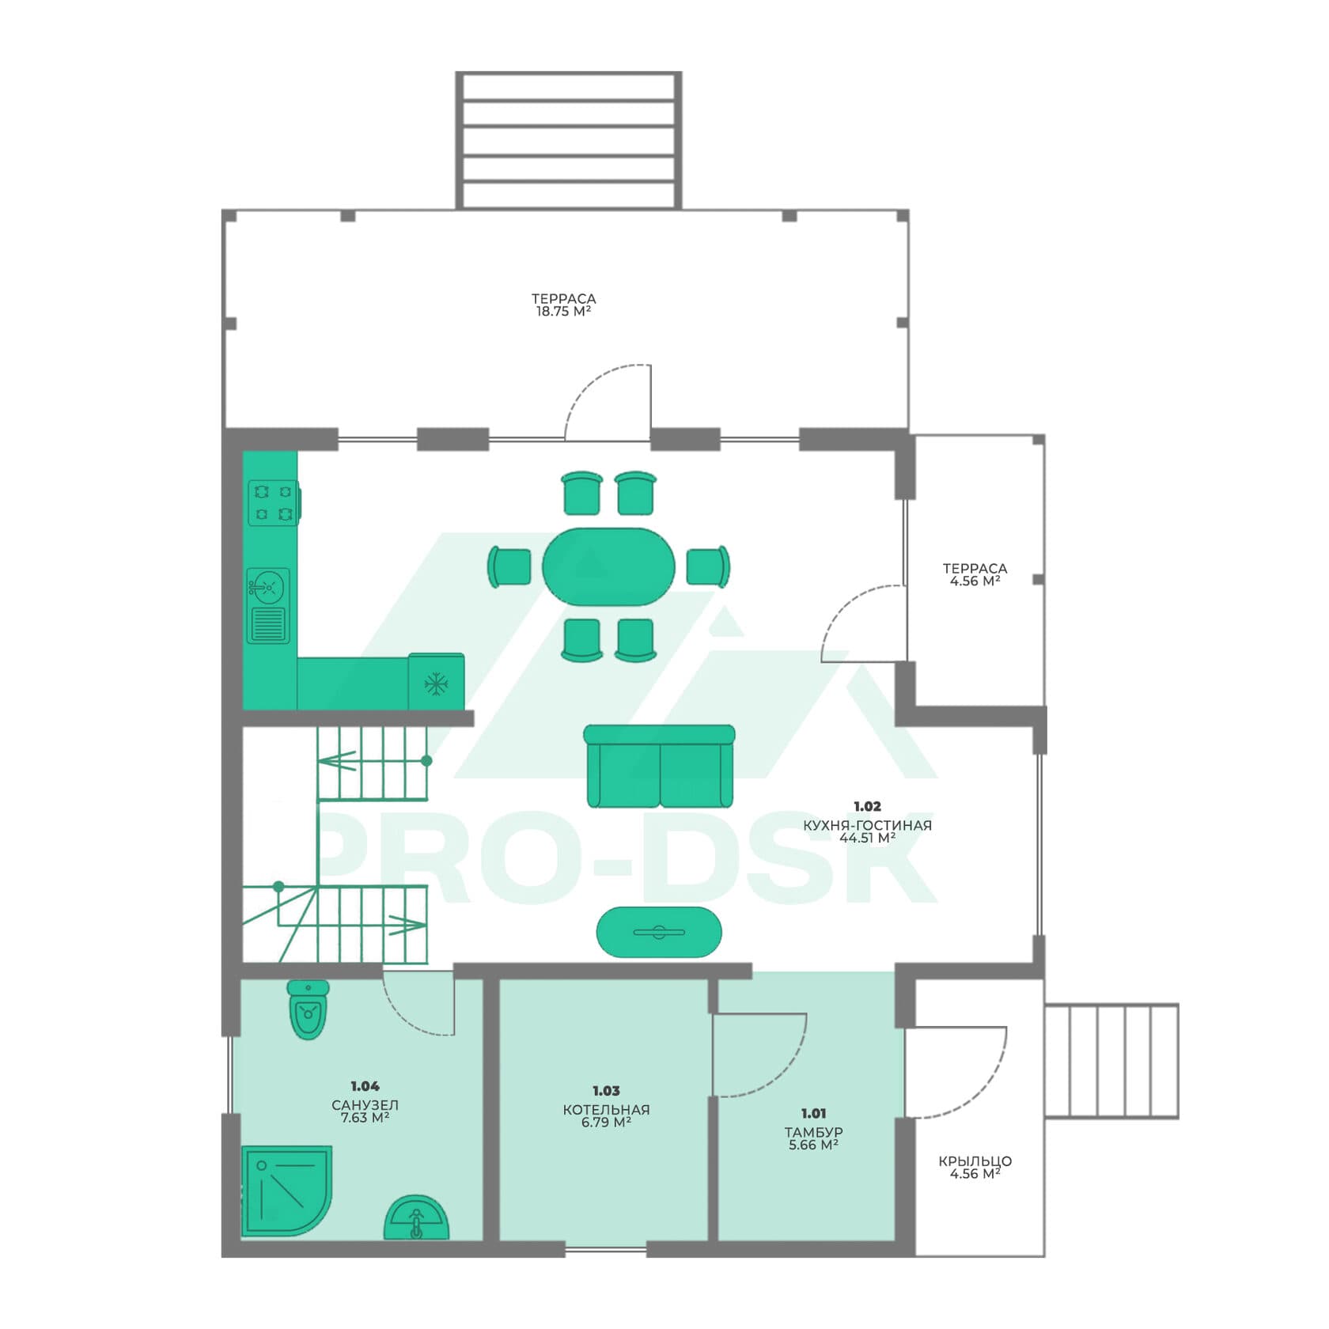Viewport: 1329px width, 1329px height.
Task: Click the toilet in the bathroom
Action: click(x=308, y=1009)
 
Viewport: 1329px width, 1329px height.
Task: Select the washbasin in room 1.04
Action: click(x=416, y=1218)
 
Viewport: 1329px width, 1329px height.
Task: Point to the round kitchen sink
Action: click(x=268, y=587)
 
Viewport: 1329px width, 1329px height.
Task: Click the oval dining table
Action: click(x=608, y=566)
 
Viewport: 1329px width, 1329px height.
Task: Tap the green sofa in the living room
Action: click(x=659, y=766)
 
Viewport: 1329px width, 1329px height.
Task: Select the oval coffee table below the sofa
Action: click(x=659, y=932)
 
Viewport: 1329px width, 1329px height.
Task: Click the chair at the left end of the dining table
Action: click(x=509, y=566)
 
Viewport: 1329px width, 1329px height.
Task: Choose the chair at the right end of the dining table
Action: click(x=708, y=566)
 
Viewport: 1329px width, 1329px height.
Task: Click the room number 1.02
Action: click(x=867, y=806)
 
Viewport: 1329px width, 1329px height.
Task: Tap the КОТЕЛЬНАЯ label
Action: click(x=606, y=1110)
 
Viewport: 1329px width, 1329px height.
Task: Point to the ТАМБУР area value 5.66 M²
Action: click(x=813, y=1145)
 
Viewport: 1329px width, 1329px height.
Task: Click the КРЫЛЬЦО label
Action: click(x=975, y=1161)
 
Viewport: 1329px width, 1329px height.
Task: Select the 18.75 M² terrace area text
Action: click(x=563, y=312)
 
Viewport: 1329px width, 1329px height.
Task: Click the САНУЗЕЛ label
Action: click(x=365, y=1105)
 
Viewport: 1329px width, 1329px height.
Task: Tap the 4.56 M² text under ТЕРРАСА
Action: click(x=975, y=581)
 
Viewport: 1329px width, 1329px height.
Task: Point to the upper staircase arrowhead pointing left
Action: click(x=336, y=761)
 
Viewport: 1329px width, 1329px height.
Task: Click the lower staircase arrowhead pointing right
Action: click(x=408, y=924)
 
